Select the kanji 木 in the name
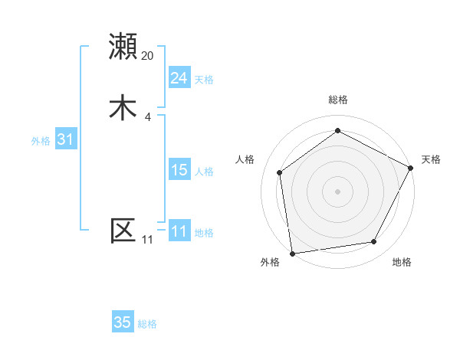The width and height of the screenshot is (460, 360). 123,107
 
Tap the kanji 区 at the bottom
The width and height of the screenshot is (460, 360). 123,230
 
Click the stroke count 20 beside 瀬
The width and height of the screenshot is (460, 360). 148,56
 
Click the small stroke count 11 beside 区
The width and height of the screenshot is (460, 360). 148,240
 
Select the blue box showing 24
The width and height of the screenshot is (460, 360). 179,78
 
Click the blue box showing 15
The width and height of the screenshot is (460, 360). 179,170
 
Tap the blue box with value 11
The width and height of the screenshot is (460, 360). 179,231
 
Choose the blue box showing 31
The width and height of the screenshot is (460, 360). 65,139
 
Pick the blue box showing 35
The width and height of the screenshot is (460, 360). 123,322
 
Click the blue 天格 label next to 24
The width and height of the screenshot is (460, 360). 204,80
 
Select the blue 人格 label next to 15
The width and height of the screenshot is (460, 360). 204,172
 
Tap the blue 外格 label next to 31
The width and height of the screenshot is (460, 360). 41,141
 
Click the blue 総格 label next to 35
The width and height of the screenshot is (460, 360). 147,324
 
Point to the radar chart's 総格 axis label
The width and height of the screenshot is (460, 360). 337,100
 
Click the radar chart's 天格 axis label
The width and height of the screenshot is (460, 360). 431,159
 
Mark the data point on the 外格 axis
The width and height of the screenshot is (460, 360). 292,252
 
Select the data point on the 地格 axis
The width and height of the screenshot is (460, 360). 374,241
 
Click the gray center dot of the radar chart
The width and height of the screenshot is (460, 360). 337,190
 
